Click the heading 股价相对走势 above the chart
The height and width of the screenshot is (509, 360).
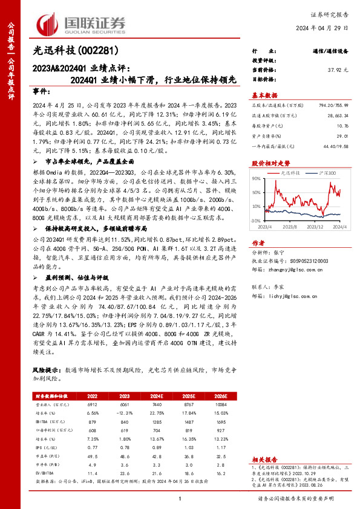[270, 163]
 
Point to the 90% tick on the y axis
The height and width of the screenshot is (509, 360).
[256, 179]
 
